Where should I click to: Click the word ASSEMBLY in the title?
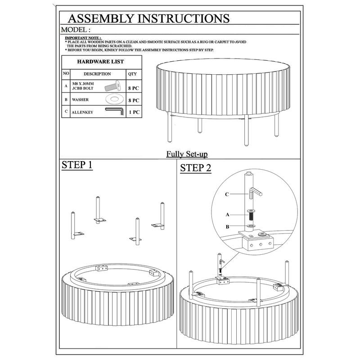(101, 18)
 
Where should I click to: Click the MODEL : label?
(76, 30)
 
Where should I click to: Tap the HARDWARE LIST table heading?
(100, 62)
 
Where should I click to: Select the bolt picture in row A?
(113, 85)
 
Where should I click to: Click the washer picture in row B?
(115, 99)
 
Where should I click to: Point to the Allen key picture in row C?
(115, 111)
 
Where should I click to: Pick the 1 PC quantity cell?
(134, 112)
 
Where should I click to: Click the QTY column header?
(132, 74)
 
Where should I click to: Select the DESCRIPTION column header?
(97, 74)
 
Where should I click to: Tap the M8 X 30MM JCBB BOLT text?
(83, 86)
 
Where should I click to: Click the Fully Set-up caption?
(187, 154)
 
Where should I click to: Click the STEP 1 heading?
(77, 165)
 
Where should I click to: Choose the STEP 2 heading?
(195, 168)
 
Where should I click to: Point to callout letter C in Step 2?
(227, 194)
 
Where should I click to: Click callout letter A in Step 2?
(227, 215)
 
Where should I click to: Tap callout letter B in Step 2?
(227, 227)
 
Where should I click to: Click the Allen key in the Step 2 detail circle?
(255, 193)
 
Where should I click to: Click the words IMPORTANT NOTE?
(83, 38)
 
